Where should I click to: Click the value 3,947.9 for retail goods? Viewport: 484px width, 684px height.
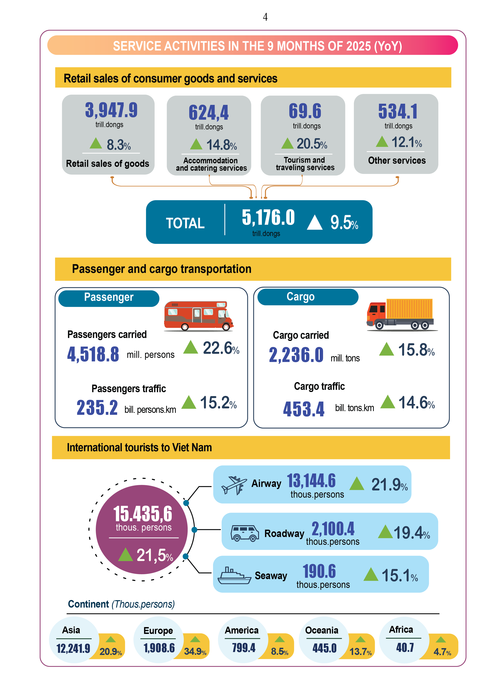111,110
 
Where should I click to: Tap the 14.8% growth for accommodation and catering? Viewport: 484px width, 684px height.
221,145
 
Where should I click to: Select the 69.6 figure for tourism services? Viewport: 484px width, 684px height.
305,111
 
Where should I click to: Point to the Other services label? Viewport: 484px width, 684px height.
397,161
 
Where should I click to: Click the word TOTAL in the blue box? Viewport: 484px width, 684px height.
185,223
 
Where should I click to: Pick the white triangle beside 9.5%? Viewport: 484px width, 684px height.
315,223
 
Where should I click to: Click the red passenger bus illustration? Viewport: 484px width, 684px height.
198,316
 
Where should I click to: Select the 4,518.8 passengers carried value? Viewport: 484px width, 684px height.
93,355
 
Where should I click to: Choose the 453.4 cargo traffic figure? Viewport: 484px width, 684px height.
304,409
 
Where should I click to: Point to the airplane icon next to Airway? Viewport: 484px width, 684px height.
234,485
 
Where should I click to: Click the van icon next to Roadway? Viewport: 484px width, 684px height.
244,533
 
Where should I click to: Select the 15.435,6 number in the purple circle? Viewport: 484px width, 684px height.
143,514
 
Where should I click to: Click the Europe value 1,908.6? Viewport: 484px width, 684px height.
159,648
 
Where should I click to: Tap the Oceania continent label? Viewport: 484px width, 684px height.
321,630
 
